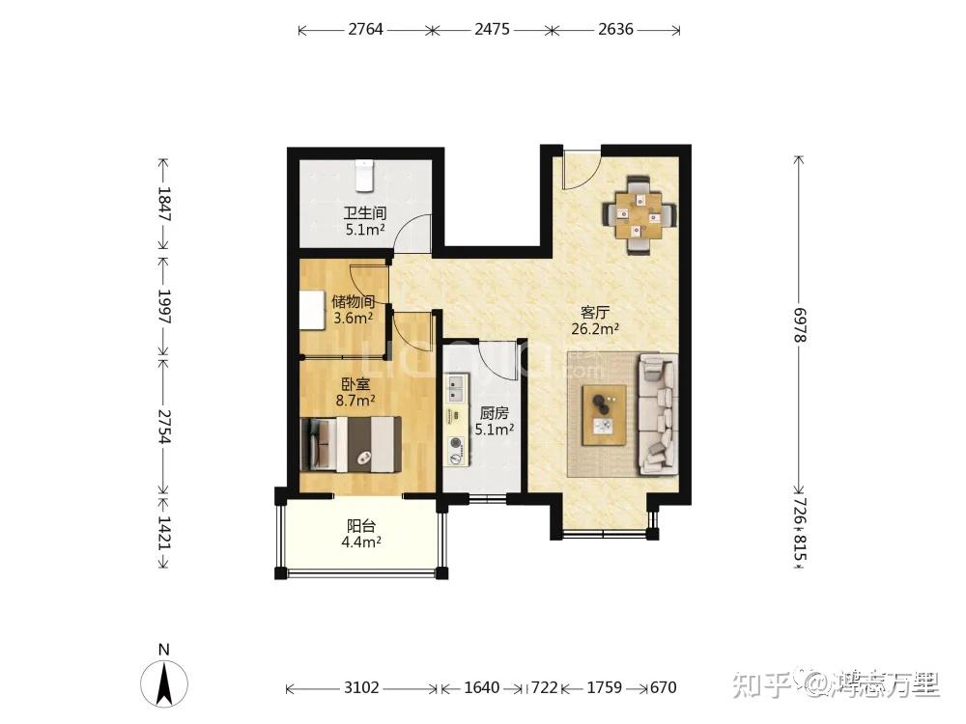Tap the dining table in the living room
pos(638,215)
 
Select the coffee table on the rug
pos(605,415)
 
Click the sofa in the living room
pos(657,414)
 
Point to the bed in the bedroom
pos(351,444)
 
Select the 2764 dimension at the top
pos(366,29)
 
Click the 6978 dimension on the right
pos(799,325)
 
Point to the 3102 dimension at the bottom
pos(361,687)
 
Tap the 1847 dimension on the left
pos(164,204)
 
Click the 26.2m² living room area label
pos(595,329)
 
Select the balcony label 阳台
pos(361,526)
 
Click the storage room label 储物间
pos(354,301)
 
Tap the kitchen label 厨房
pos(494,413)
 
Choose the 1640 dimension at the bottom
pos(481,687)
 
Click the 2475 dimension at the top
pos(493,29)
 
